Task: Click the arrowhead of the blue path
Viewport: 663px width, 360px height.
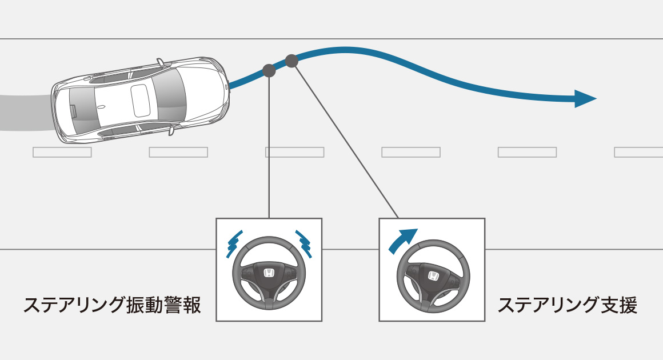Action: click(x=586, y=98)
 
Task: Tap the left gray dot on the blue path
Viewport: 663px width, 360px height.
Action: click(x=269, y=70)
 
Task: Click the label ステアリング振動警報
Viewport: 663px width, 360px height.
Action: click(x=112, y=305)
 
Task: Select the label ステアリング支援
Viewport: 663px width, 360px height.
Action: click(x=567, y=305)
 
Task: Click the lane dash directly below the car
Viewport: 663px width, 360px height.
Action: click(x=62, y=152)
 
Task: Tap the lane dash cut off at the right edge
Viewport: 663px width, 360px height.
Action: click(x=638, y=152)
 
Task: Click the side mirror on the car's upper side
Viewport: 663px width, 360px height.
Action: click(x=161, y=61)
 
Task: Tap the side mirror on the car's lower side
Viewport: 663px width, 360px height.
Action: click(x=171, y=131)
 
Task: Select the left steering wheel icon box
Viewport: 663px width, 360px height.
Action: click(x=269, y=269)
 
